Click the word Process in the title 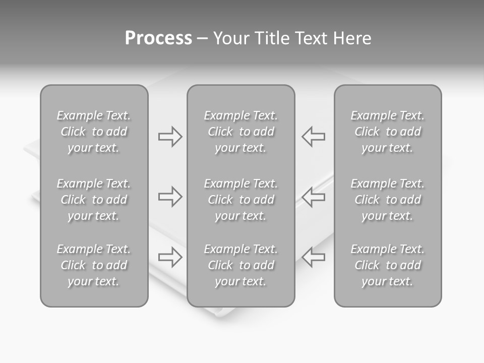(x=158, y=38)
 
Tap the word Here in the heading (x=352, y=38)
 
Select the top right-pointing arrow (x=170, y=137)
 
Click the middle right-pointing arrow (x=170, y=197)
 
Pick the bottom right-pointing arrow (x=170, y=257)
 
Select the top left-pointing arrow (x=314, y=137)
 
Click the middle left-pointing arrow (x=314, y=197)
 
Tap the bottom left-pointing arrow (x=314, y=257)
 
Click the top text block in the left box (x=94, y=132)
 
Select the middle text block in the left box (x=94, y=200)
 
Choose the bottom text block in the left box (x=94, y=265)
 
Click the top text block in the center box (x=241, y=132)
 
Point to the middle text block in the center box (x=241, y=200)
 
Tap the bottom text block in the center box (x=241, y=265)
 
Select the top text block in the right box (x=388, y=132)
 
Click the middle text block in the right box (x=388, y=200)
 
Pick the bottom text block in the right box (x=388, y=265)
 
